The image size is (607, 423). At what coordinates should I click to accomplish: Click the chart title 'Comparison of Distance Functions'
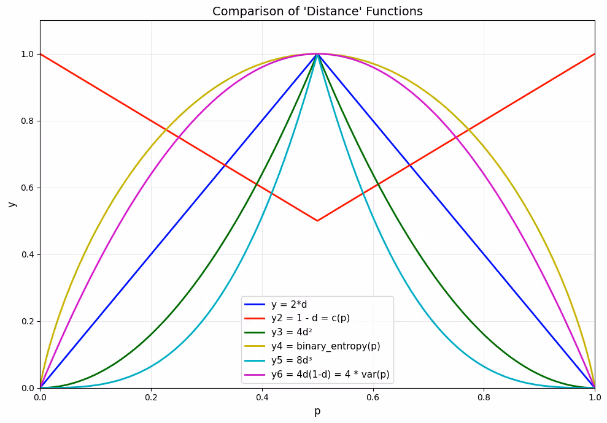[x=317, y=11]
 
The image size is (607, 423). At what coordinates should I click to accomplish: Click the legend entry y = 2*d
[x=289, y=305]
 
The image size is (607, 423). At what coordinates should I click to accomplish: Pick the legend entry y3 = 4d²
[x=292, y=332]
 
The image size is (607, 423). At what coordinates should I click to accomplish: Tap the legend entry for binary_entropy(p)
[x=325, y=346]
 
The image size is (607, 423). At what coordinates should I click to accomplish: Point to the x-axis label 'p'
[x=317, y=411]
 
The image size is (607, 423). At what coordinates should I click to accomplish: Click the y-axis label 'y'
[x=11, y=204]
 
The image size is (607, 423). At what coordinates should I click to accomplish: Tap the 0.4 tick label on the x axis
[x=262, y=397]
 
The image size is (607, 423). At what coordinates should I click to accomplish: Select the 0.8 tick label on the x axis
[x=484, y=397]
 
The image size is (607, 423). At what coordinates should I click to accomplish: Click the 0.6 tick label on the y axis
[x=27, y=188]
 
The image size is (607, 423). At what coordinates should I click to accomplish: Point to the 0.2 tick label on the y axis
[x=27, y=321]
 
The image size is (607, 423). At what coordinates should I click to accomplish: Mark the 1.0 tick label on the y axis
[x=27, y=54]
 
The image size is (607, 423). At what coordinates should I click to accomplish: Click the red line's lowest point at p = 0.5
[x=317, y=221]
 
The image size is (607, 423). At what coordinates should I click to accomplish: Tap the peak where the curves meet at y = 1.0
[x=317, y=54]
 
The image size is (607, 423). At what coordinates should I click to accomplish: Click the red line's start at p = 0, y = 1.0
[x=41, y=54]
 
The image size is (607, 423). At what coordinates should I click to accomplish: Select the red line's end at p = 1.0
[x=594, y=54]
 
